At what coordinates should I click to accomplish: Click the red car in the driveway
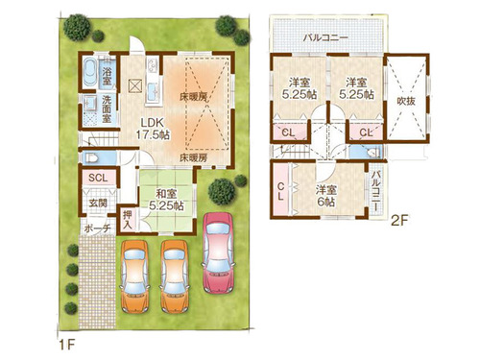click(x=218, y=252)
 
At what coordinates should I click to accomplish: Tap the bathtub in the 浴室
click(x=90, y=73)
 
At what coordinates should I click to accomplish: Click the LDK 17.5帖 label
click(x=153, y=129)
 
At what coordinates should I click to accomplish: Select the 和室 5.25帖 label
click(x=166, y=200)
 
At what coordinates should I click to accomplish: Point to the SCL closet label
click(x=98, y=178)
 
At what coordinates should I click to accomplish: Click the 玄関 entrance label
click(x=98, y=203)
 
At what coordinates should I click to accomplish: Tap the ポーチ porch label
click(x=98, y=228)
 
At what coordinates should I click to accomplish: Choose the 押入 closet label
click(x=128, y=220)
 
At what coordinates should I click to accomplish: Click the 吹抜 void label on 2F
click(x=406, y=101)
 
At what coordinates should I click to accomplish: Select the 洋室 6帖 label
click(x=325, y=196)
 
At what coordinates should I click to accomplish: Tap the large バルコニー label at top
click(x=325, y=37)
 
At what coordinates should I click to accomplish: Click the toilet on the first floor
click(x=92, y=157)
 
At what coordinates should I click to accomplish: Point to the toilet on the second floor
click(x=373, y=153)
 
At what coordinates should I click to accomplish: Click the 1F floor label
click(x=67, y=345)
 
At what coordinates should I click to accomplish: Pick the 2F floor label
click(x=399, y=221)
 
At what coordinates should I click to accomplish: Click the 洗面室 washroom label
click(x=107, y=109)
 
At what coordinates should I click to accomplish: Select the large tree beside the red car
click(x=222, y=191)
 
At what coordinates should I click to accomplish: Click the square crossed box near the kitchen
click(x=134, y=85)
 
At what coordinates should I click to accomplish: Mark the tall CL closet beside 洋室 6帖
click(x=280, y=190)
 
